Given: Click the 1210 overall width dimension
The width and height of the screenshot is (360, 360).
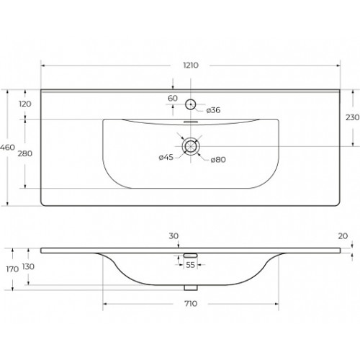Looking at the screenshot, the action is (x=191, y=66).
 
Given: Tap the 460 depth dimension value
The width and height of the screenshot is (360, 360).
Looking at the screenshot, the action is (x=7, y=148).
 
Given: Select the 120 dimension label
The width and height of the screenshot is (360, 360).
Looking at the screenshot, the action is (x=25, y=104).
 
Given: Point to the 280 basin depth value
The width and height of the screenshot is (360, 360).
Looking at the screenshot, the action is (x=25, y=153).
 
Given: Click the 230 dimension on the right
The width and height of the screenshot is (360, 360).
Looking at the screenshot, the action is (x=352, y=117).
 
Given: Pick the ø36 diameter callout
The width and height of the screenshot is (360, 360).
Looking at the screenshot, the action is (x=213, y=110).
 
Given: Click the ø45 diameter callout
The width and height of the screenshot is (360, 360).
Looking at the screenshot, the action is (x=166, y=158).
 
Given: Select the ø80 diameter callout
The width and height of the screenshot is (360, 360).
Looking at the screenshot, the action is (x=218, y=160).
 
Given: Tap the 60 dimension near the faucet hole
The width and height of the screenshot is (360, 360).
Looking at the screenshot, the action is (x=173, y=98).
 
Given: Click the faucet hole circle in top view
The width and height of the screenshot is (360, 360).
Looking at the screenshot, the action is (x=191, y=99).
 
